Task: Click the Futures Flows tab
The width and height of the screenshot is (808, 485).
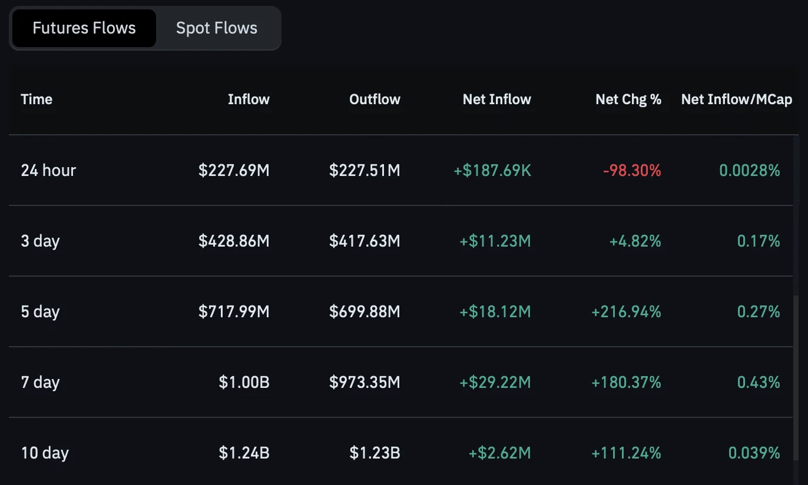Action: (x=84, y=28)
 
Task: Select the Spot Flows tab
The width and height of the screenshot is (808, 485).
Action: (x=217, y=28)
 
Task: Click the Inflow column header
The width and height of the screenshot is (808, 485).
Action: (x=249, y=99)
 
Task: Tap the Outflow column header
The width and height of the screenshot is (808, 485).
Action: (x=375, y=99)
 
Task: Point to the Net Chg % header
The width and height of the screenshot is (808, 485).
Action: (x=628, y=99)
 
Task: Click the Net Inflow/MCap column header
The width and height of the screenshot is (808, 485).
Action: (x=737, y=99)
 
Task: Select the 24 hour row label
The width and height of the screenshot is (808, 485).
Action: (x=48, y=170)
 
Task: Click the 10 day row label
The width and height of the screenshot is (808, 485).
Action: (x=45, y=453)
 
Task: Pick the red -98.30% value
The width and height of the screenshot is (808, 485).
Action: (x=632, y=170)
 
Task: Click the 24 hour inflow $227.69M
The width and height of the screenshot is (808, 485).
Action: (x=234, y=170)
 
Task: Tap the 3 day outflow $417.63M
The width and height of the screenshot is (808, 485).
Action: (x=365, y=241)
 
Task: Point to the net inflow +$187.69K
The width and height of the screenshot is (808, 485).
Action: (x=492, y=170)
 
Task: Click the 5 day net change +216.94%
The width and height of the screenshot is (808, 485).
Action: (x=626, y=311)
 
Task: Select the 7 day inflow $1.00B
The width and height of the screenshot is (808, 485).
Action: (x=244, y=382)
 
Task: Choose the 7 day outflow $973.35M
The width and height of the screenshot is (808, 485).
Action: (x=365, y=382)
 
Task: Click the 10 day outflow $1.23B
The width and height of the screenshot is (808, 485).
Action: (x=375, y=453)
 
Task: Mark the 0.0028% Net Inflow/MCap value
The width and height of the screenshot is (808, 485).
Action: (x=750, y=170)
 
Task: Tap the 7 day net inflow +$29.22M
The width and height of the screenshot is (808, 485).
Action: (x=495, y=382)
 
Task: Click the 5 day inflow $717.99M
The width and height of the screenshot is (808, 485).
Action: (x=234, y=311)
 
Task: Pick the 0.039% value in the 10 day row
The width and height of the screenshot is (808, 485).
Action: (x=754, y=453)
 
